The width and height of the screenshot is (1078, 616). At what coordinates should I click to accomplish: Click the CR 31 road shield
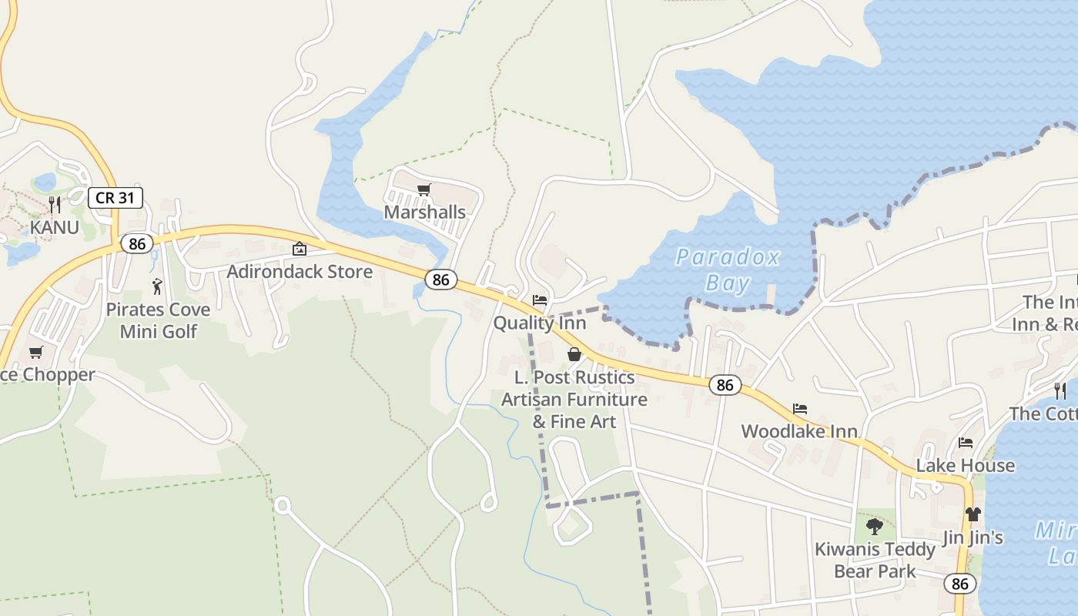coord(115,197)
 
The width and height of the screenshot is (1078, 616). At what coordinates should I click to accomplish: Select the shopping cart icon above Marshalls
coord(423,189)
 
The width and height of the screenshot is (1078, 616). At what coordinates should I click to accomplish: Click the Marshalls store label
coord(425,212)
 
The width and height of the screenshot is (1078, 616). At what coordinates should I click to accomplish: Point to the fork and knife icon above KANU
coord(54,204)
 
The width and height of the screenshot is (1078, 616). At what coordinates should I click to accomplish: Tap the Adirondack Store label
coord(300,271)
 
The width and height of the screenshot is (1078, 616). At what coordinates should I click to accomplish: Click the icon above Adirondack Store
coord(300,249)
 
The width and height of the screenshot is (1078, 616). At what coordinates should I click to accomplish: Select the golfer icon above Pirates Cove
coord(158,286)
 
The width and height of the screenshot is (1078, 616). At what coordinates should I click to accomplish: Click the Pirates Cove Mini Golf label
coord(158,320)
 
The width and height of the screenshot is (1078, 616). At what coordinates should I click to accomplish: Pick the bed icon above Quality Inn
coord(540,300)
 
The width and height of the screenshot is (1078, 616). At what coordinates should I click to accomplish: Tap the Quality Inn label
coord(540,323)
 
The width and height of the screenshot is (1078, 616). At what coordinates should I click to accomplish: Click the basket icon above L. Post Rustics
coord(574,354)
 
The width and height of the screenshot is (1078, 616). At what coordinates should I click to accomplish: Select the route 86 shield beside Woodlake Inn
coord(725,384)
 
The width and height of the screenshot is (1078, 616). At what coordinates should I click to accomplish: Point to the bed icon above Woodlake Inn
coord(800,409)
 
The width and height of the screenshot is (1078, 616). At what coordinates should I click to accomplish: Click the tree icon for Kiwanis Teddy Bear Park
coord(874,527)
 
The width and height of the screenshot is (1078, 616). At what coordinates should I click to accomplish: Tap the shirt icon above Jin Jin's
coord(973,514)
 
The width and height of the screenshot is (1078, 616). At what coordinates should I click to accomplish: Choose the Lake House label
coord(965,465)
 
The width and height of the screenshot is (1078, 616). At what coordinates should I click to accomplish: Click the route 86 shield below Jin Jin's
coord(960,584)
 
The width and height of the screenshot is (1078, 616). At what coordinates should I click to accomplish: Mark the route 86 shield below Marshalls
coord(440,280)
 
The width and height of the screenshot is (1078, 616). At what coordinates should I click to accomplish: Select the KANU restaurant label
coord(54,227)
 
